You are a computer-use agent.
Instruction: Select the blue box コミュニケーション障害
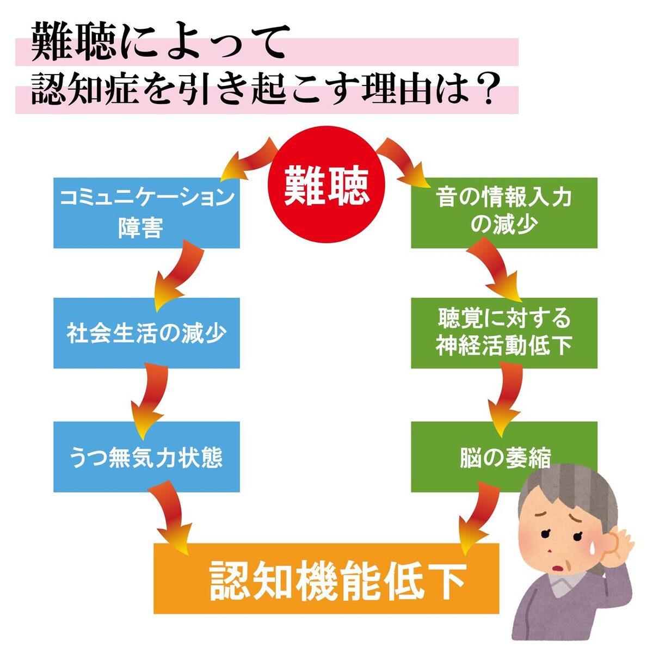click(x=146, y=213)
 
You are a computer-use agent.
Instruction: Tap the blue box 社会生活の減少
click(x=146, y=332)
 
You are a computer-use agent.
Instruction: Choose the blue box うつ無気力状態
click(x=146, y=457)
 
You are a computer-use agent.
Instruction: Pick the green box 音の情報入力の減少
click(x=504, y=213)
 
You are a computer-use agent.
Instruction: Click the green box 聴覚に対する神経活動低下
click(x=504, y=332)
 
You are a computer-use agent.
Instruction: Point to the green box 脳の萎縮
click(x=479, y=457)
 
